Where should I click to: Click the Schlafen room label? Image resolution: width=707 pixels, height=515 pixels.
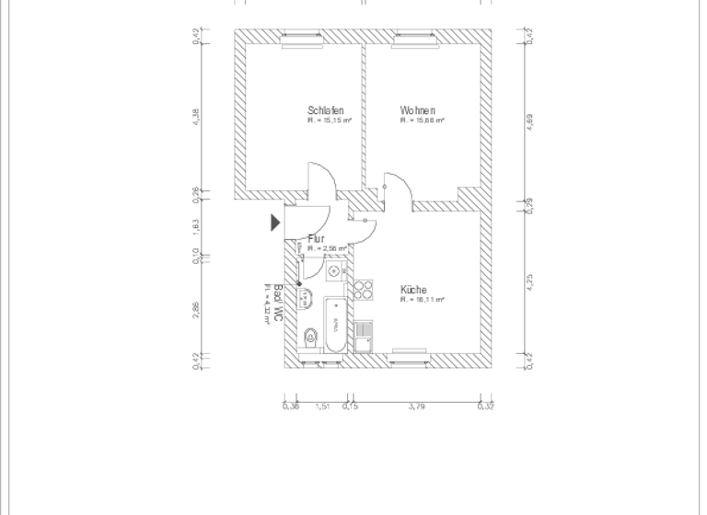(325, 110)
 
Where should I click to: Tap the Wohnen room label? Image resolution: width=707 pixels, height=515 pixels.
(417, 110)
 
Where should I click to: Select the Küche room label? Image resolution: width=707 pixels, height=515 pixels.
(413, 290)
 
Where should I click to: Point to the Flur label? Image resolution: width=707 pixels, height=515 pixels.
(316, 239)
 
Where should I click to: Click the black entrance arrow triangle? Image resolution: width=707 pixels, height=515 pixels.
(275, 223)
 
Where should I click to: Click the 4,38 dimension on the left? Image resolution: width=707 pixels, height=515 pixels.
(197, 116)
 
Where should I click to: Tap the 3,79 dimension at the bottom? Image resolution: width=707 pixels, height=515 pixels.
(416, 406)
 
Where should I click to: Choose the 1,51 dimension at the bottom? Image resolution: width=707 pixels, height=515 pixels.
(322, 406)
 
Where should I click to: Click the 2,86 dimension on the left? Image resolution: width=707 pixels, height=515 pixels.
(197, 309)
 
